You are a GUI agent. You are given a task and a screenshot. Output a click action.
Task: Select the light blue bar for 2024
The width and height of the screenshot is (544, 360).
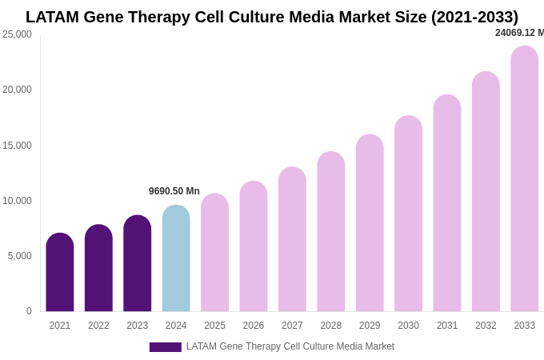176,258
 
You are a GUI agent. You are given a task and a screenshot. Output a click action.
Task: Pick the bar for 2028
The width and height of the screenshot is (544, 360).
331,231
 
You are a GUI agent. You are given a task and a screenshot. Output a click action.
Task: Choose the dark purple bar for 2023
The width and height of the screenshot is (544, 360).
138,263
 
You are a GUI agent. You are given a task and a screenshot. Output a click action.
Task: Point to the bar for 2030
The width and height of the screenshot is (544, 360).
408,214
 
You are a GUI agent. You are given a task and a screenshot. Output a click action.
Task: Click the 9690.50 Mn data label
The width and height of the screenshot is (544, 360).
174,191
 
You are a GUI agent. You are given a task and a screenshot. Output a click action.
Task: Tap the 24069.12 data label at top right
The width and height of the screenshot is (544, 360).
519,33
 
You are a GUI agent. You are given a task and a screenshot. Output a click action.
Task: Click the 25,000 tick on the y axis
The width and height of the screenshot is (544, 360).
17,34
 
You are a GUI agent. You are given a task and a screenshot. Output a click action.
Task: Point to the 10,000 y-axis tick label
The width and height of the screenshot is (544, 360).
17,201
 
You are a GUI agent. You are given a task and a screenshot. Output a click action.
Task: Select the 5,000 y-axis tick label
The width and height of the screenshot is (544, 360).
19,256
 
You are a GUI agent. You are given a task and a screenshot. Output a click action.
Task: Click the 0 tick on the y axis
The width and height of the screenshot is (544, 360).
29,311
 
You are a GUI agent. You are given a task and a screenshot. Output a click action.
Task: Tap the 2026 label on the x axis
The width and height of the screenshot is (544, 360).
254,326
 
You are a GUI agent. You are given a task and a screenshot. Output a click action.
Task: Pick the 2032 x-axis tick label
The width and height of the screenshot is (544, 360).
486,326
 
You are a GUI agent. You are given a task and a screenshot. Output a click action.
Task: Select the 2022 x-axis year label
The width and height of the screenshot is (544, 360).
98,326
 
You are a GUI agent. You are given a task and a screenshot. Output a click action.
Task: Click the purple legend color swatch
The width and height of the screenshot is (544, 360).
165,347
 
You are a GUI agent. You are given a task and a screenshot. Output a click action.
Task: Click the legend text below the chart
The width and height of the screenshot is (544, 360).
290,346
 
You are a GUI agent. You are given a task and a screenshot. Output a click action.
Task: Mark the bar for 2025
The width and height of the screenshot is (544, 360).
214,253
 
